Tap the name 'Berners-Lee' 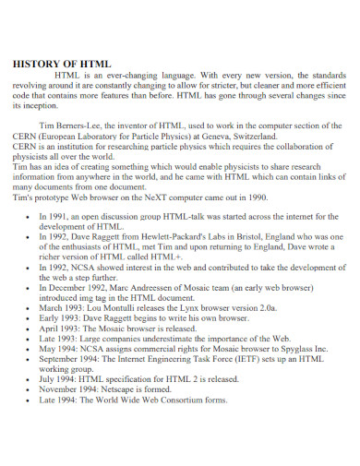(85, 125)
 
